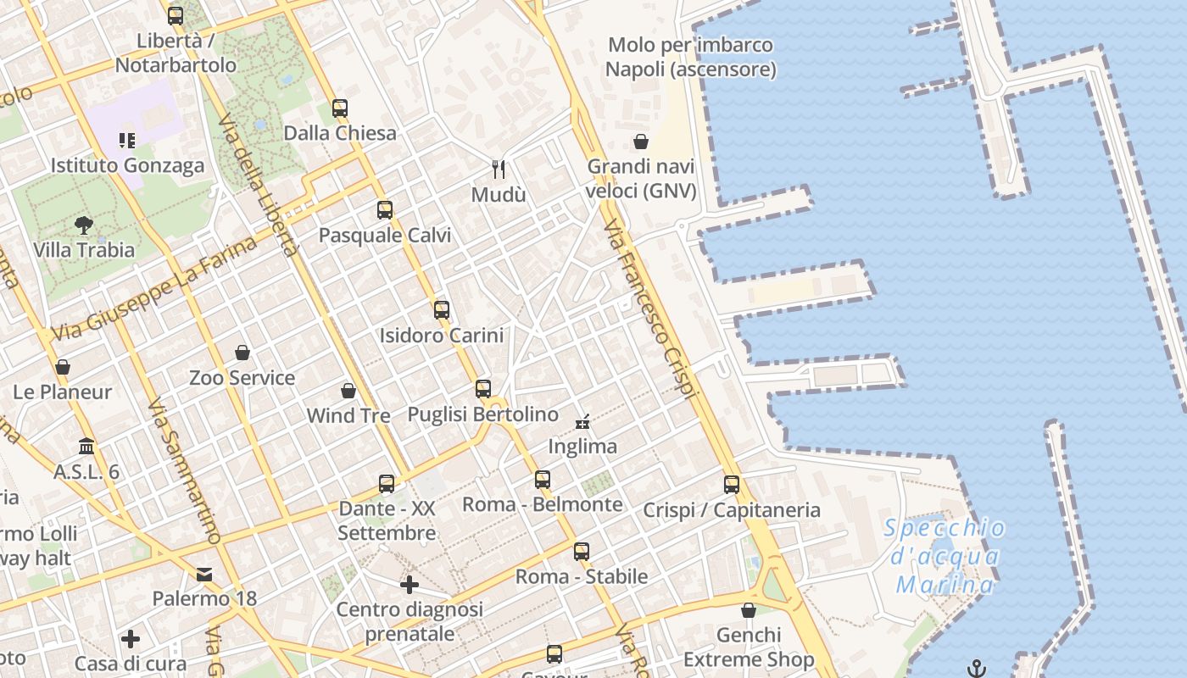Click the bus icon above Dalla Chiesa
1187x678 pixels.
(x=340, y=108)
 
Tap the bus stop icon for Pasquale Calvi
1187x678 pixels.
(x=385, y=210)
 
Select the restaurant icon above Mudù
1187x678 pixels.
(x=499, y=169)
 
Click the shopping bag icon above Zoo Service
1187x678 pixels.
(x=242, y=353)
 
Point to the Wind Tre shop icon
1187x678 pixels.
(x=348, y=391)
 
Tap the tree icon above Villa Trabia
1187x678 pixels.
(x=83, y=225)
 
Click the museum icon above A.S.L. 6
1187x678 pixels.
(x=86, y=447)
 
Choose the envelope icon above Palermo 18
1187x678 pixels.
(x=204, y=575)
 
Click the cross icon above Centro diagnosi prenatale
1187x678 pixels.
(x=410, y=584)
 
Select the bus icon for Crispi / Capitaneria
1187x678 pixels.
(x=732, y=485)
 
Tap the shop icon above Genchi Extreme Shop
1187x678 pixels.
(x=749, y=610)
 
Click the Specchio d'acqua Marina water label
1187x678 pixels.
(x=945, y=557)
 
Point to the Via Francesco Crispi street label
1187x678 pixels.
(x=650, y=309)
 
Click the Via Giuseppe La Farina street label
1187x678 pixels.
(x=154, y=289)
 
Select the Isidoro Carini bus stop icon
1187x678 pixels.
(x=442, y=310)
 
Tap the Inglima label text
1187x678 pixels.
(x=582, y=446)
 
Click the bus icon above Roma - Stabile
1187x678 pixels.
(x=581, y=552)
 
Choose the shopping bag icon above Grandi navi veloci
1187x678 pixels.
(x=641, y=142)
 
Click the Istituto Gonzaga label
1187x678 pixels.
(x=127, y=165)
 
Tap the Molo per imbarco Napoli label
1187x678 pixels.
(x=691, y=57)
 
